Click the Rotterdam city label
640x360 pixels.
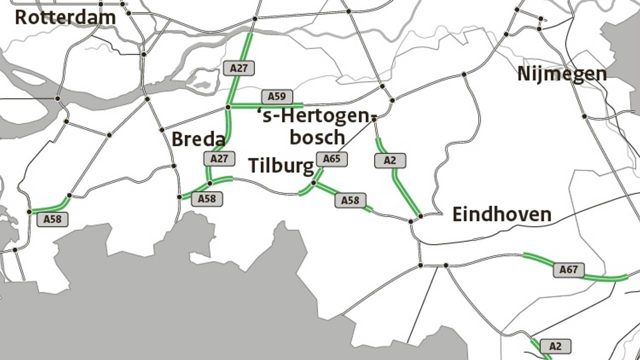[65, 17]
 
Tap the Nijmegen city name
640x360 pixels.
[561, 74]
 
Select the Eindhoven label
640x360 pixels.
[501, 214]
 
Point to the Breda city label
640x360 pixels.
[198, 139]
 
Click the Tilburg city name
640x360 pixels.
[281, 165]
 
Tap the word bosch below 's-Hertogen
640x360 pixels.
[317, 137]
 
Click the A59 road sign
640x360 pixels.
[276, 96]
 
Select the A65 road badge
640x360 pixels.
[331, 159]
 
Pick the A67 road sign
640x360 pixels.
[568, 270]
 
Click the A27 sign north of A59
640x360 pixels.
[239, 68]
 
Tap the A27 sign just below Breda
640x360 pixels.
[219, 159]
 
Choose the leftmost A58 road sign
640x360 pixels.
[52, 219]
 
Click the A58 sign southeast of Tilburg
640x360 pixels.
[350, 200]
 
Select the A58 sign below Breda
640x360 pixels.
[206, 198]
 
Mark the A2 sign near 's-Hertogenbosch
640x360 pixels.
[389, 160]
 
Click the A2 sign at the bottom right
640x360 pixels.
[555, 346]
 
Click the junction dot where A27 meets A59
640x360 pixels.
[228, 107]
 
